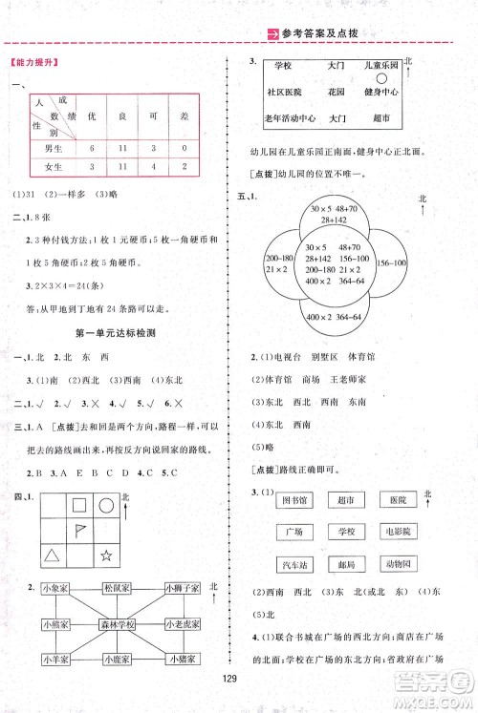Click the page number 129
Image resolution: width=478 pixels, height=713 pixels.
pyautogui.click(x=239, y=682)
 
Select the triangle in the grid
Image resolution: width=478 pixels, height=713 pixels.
pyautogui.click(x=51, y=555)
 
